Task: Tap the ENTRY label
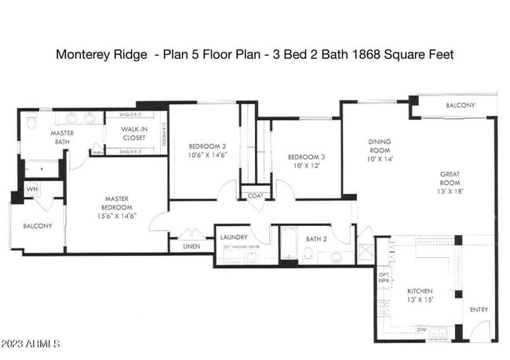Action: click(x=479, y=310)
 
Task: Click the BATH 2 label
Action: click(x=316, y=238)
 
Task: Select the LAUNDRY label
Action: click(x=234, y=237)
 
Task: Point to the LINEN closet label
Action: click(x=191, y=246)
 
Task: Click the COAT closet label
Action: click(x=256, y=196)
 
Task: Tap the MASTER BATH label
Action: click(x=62, y=137)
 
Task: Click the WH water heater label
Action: click(x=31, y=189)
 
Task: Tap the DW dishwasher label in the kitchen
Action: click(x=421, y=329)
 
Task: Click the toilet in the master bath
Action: click(x=31, y=123)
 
